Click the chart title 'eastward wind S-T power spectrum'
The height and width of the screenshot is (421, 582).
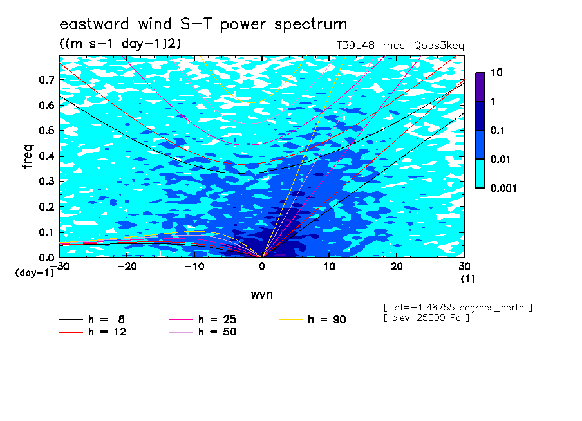pos(203,24)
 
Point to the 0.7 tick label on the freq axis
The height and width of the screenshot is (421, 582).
pos(47,80)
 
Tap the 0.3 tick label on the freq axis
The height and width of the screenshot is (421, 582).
pos(47,181)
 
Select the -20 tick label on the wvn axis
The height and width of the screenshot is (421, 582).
pos(127,267)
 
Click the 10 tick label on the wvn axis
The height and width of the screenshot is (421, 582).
pos(329,267)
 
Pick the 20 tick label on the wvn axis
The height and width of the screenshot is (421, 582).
pos(397,267)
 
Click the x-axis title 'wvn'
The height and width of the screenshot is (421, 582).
pos(262,295)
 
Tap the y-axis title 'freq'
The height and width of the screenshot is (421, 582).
pos(28,156)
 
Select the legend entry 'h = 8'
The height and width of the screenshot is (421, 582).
pos(91,319)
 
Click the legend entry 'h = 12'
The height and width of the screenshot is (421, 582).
pos(93,332)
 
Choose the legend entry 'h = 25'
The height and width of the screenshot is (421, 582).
pos(202,319)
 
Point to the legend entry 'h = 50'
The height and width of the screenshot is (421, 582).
pos(202,332)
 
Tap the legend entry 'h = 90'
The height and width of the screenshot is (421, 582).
pos(312,319)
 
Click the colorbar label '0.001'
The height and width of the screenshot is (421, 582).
pos(503,189)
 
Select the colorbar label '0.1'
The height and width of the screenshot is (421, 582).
pos(498,131)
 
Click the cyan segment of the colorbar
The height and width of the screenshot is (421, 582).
pos(480,174)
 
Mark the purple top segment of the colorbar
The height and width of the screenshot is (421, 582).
pos(480,88)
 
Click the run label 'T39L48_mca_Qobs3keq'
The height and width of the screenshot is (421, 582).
pos(400,46)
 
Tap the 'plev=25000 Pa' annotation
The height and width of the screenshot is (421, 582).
pos(426,318)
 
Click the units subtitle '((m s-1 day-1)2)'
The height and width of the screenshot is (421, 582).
pos(120,44)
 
